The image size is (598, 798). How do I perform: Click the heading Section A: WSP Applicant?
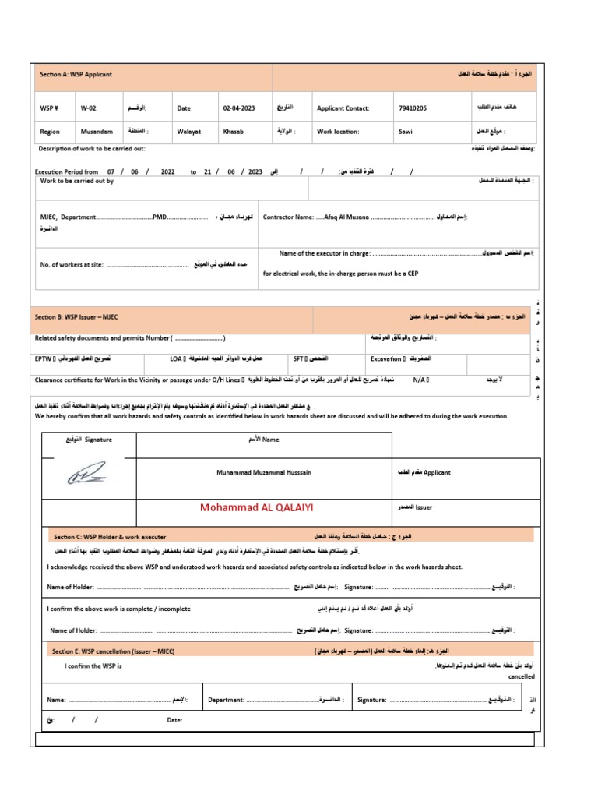(x=76, y=75)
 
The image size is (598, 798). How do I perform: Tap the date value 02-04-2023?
(x=237, y=109)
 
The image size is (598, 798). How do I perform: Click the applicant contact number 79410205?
(x=413, y=109)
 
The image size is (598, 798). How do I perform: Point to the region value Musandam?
(x=97, y=132)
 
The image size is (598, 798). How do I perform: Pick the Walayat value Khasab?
(x=234, y=132)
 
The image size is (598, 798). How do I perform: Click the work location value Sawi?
(x=406, y=132)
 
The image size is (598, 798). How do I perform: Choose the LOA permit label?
(x=177, y=359)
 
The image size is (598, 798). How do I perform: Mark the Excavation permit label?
(x=385, y=359)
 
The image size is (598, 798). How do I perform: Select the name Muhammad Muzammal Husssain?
(x=263, y=472)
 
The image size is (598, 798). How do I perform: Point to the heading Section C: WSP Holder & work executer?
(x=110, y=537)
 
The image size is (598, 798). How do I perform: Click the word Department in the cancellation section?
(x=226, y=700)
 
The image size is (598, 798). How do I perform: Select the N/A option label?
(x=420, y=380)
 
